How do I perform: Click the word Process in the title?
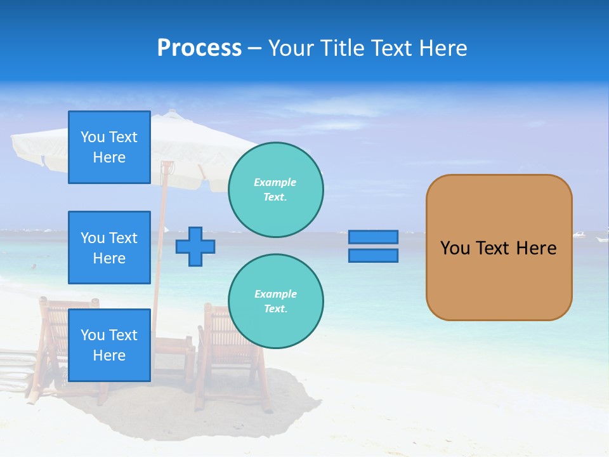point(199,48)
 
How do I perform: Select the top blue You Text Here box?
point(109,147)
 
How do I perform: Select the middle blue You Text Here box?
point(109,248)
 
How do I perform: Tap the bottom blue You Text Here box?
point(109,345)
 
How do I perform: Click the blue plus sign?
point(195,246)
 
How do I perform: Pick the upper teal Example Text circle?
point(275,189)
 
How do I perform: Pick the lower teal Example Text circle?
point(275,301)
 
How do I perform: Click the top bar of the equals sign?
point(373,237)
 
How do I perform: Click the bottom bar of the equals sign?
point(373,256)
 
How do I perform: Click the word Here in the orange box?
point(536,248)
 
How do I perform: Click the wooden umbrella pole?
point(164,209)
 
